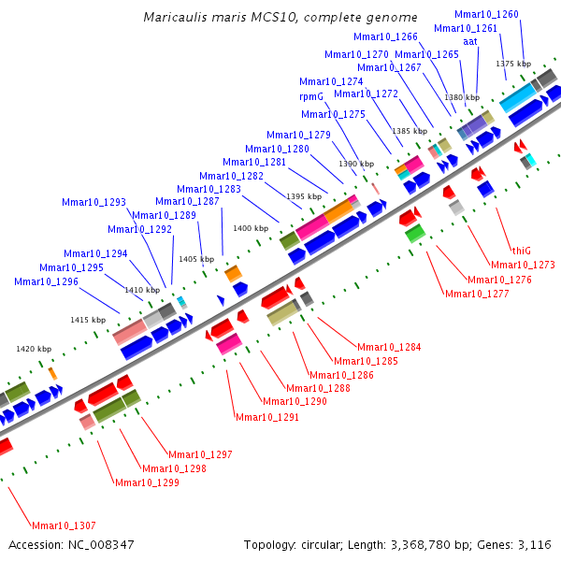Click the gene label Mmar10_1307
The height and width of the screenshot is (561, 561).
[64, 525]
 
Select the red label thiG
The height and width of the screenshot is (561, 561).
[521, 251]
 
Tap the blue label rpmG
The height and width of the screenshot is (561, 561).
[311, 96]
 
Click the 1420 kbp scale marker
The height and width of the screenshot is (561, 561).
[34, 349]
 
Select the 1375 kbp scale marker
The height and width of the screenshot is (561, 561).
[513, 64]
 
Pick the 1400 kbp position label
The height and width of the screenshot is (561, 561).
[250, 228]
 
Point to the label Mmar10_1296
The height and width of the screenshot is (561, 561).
[46, 281]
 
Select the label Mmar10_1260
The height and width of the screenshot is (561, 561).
[486, 14]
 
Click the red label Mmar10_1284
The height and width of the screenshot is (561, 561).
[389, 348]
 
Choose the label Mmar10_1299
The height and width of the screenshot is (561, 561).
[146, 482]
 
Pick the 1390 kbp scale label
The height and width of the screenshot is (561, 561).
[355, 164]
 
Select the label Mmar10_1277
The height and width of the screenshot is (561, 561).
[477, 294]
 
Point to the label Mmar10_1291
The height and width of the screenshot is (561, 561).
[267, 417]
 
